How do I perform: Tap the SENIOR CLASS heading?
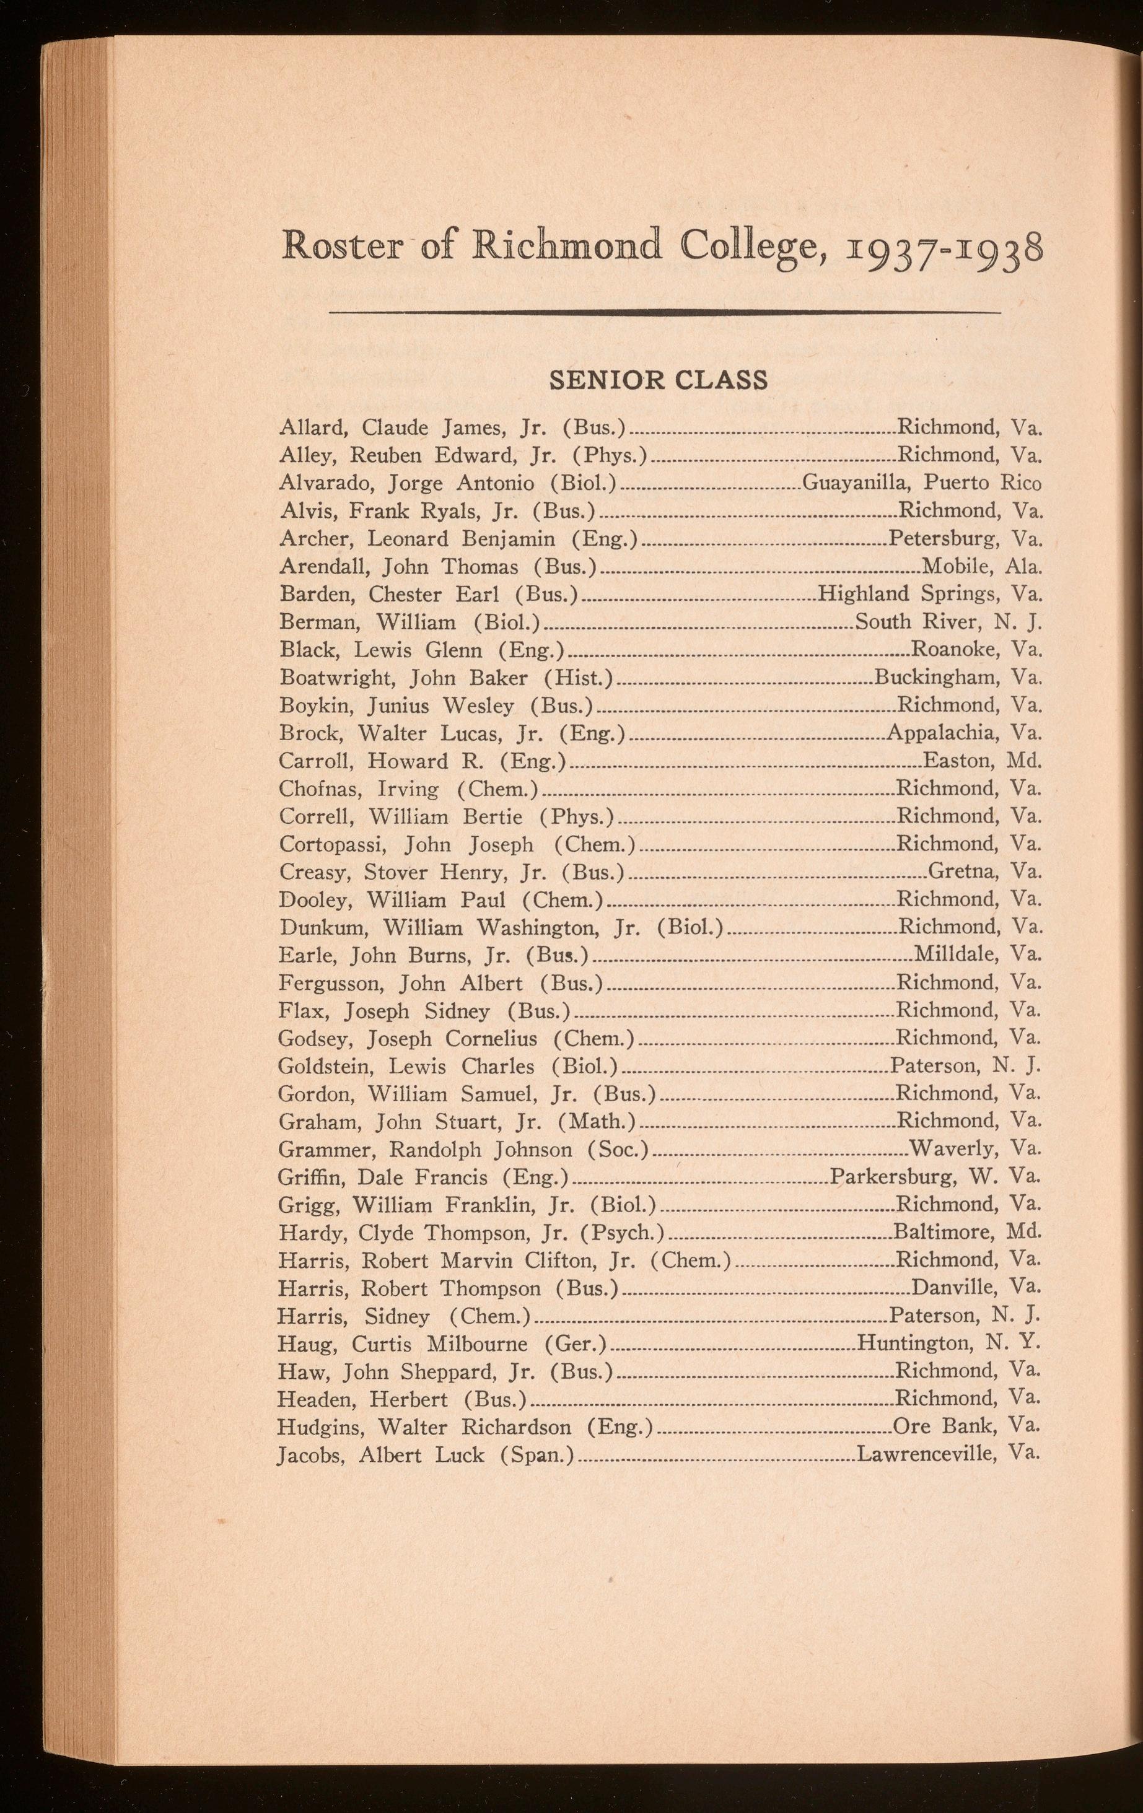pyautogui.click(x=659, y=380)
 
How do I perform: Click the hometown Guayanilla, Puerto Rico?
pyautogui.click(x=922, y=483)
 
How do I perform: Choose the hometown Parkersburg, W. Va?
pyautogui.click(x=936, y=1177)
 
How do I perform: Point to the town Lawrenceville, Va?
pyautogui.click(x=948, y=1454)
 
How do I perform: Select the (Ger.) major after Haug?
pyautogui.click(x=576, y=1344)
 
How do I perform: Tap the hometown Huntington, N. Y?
pyautogui.click(x=948, y=1343)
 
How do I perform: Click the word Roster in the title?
pyautogui.click(x=341, y=246)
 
